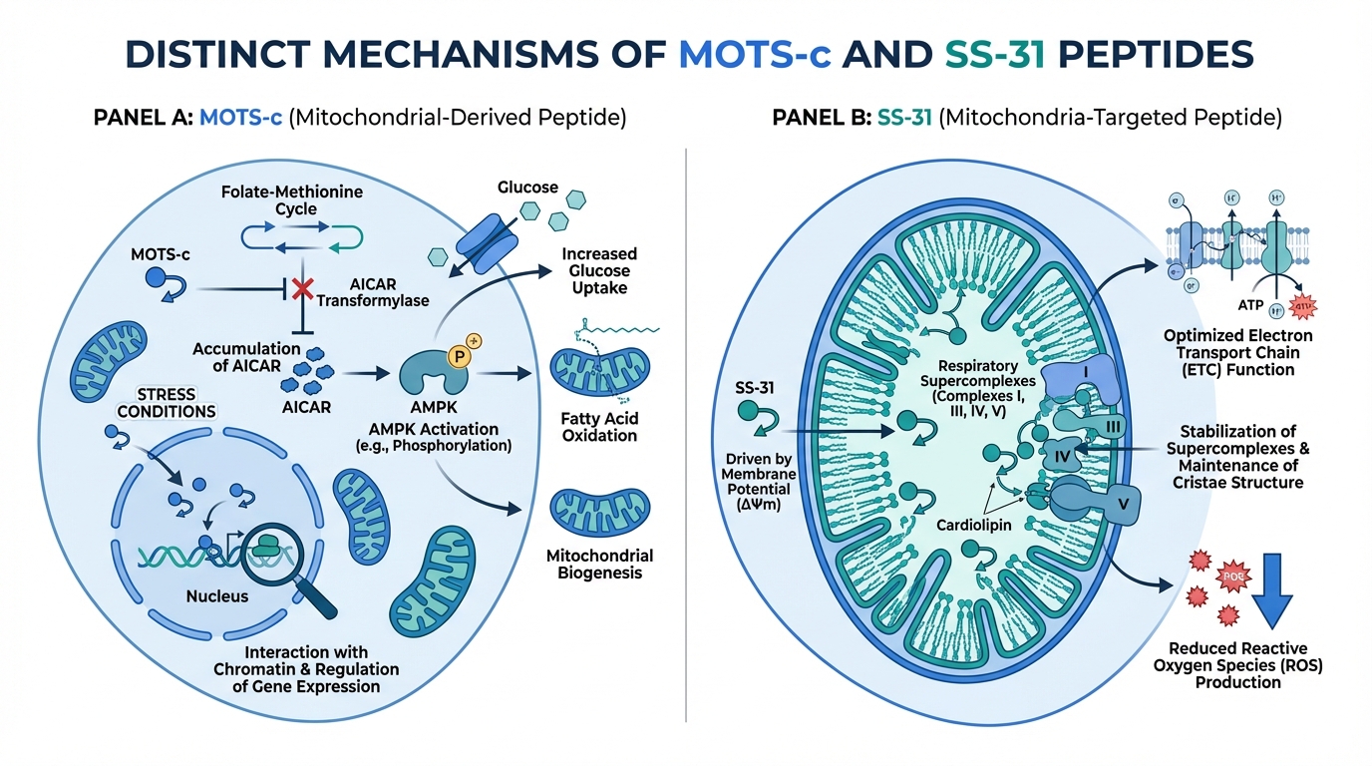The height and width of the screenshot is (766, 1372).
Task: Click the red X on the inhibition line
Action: click(300, 290)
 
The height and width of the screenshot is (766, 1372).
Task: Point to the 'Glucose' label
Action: click(528, 187)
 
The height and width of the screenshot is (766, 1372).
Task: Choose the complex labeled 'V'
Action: click(1123, 503)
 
